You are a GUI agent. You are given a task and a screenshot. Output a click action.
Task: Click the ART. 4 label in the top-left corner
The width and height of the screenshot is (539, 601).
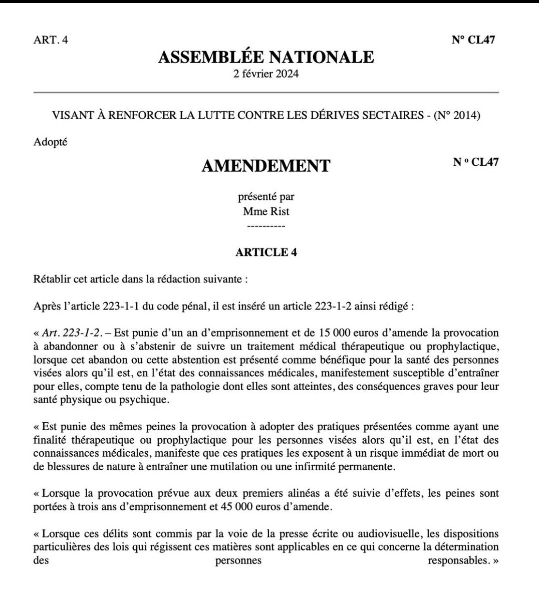pyautogui.click(x=50, y=40)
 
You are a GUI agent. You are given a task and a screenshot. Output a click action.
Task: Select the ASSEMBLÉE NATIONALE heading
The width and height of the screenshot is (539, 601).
pyautogui.click(x=266, y=57)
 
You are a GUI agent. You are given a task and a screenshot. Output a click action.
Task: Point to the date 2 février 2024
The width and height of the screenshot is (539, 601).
pyautogui.click(x=266, y=74)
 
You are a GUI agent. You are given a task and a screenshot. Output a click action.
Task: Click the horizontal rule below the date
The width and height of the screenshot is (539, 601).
pyautogui.click(x=266, y=93)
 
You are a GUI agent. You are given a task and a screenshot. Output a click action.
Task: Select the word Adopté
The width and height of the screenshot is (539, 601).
pyautogui.click(x=50, y=142)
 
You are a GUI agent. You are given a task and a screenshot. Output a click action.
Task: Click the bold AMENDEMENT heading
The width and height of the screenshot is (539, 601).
pyautogui.click(x=266, y=165)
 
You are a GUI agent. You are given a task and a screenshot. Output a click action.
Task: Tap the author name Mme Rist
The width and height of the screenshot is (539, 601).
pyautogui.click(x=266, y=211)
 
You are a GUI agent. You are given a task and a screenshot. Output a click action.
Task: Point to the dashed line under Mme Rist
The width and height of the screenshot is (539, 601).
pyautogui.click(x=266, y=226)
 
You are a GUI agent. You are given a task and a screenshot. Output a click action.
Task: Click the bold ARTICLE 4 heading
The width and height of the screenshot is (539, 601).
pyautogui.click(x=266, y=252)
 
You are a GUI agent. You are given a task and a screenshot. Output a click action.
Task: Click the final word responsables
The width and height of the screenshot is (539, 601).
pyautogui.click(x=457, y=560)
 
